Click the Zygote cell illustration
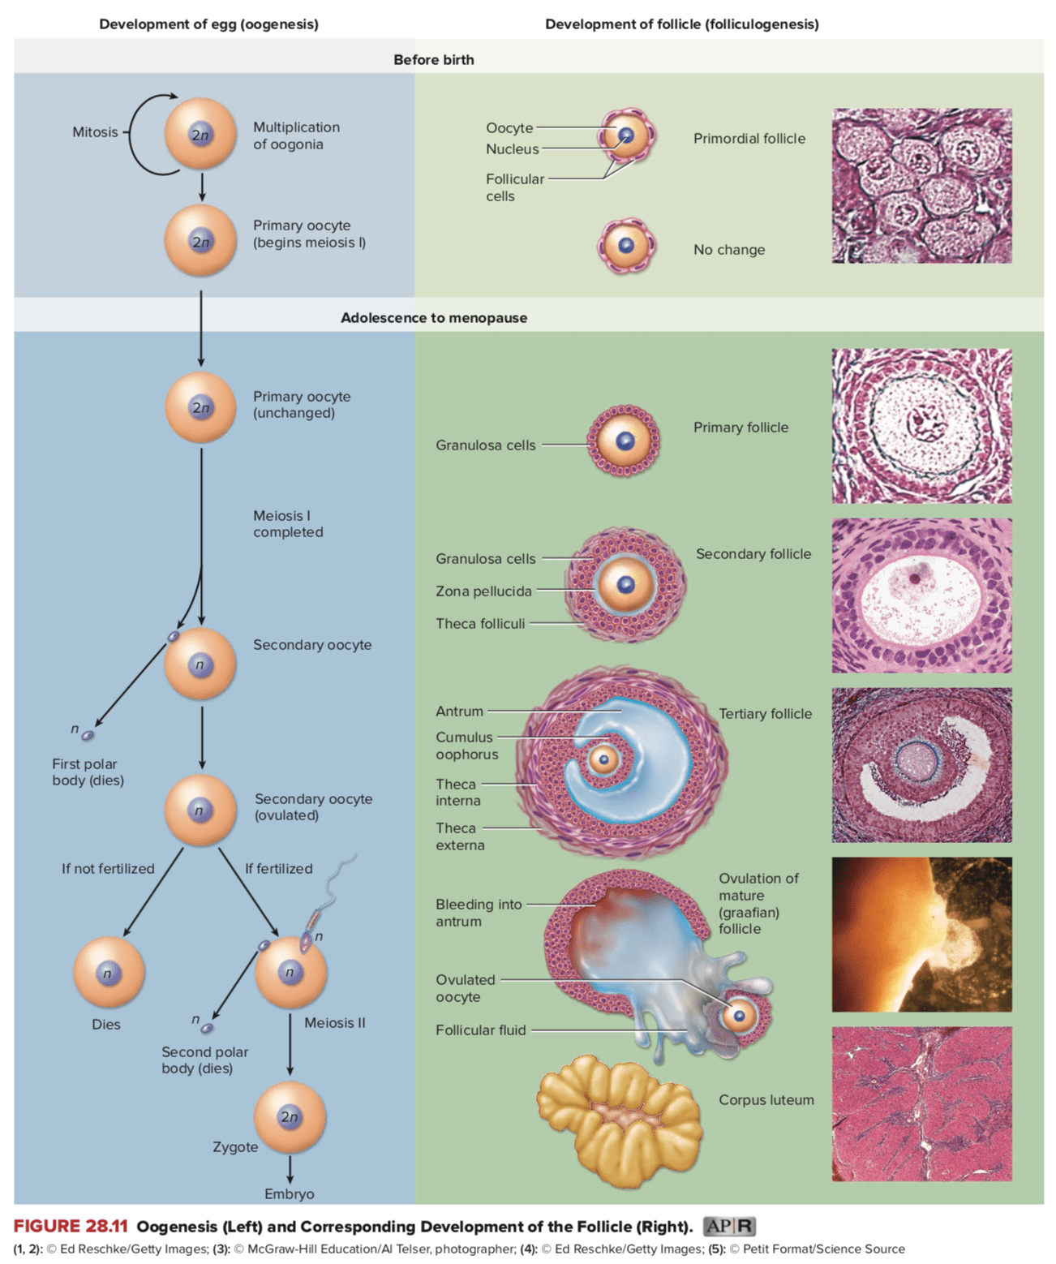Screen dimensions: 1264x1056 pos(290,1117)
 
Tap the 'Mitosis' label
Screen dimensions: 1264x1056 pos(95,132)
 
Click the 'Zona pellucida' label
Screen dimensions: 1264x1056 pos(483,591)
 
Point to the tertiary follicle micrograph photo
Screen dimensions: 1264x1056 pos(921,765)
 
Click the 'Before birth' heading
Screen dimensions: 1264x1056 pos(433,60)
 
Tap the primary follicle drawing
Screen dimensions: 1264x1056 pos(624,441)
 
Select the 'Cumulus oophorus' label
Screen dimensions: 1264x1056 pos(466,746)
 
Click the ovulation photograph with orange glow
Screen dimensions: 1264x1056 pos(921,934)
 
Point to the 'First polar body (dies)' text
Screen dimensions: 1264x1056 pos(88,772)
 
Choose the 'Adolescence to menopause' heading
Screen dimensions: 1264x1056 pos(433,318)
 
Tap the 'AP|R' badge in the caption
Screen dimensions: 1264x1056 pos(728,1226)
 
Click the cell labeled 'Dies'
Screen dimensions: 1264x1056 pos(109,972)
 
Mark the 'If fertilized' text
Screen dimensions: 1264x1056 pos(278,869)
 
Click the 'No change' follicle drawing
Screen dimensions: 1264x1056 pos(626,246)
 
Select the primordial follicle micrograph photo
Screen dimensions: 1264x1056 pos(921,186)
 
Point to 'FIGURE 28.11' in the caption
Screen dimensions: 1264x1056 pos(71,1226)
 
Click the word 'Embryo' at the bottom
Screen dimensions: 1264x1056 pos(289,1194)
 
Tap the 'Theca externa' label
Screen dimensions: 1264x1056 pos(460,836)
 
